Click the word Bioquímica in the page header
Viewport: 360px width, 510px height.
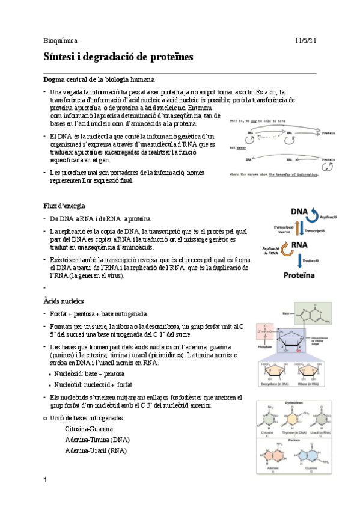(x=61, y=40)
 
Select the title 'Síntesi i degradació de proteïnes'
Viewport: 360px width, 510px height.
(x=118, y=57)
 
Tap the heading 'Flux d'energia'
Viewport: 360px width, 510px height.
(x=68, y=206)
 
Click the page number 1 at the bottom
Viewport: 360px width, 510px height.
(x=45, y=479)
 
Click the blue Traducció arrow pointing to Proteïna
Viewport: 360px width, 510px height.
(x=301, y=260)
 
